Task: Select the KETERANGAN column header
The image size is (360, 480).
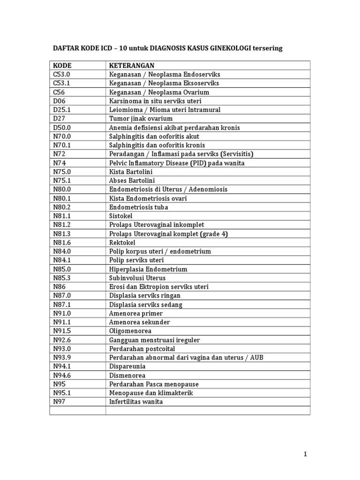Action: (132, 65)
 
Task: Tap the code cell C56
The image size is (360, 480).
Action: (59, 92)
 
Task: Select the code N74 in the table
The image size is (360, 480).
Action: (60, 163)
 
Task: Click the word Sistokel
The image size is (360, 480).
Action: (121, 216)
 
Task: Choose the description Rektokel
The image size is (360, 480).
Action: (122, 242)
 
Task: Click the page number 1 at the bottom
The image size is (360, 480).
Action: (305, 454)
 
